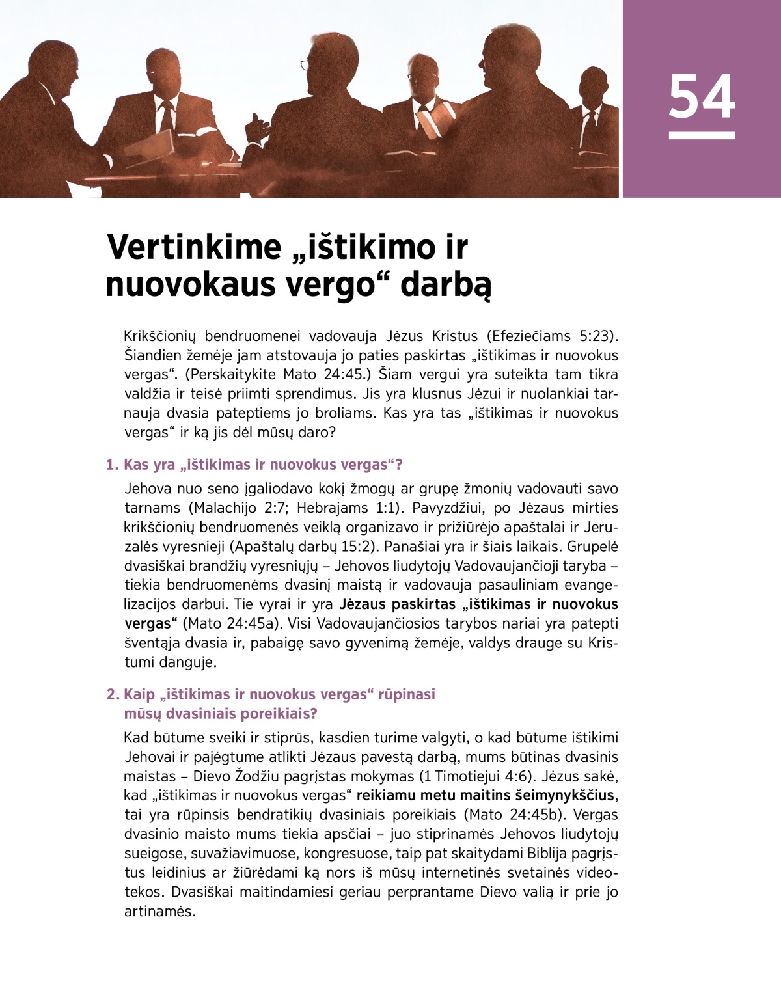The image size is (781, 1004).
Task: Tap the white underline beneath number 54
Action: [702, 135]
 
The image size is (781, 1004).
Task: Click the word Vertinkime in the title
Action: [194, 247]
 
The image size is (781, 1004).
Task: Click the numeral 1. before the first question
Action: [113, 465]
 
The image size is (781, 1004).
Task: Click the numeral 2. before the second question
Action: [113, 694]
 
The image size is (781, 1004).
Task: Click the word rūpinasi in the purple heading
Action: [407, 694]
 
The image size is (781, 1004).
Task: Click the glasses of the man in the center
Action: [304, 64]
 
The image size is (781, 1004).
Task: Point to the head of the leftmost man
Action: [52, 65]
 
